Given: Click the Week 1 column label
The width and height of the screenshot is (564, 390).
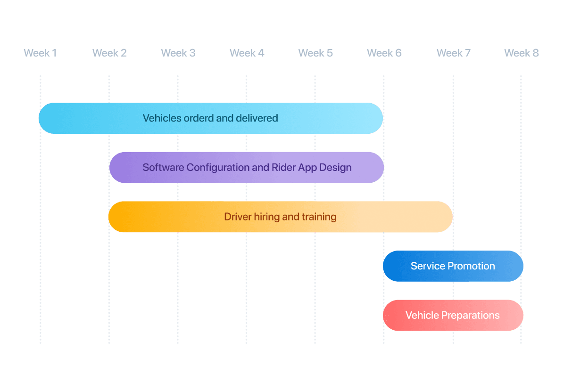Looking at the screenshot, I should [x=40, y=53].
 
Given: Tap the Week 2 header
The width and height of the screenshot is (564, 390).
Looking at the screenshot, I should [x=109, y=53].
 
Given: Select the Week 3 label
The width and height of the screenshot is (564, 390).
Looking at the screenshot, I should [x=178, y=53].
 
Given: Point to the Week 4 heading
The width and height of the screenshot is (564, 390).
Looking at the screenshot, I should [x=247, y=53].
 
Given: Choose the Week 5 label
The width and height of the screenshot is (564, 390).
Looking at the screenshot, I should [x=315, y=53].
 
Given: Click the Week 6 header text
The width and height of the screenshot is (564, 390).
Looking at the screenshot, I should [x=384, y=53].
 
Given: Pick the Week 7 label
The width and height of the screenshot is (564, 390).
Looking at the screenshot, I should [x=453, y=53].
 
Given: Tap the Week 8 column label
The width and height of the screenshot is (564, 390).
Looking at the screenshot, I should [x=521, y=53].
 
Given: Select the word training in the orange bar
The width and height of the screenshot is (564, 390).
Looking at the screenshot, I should [x=319, y=217].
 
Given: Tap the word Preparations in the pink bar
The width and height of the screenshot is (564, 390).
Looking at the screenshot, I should [x=470, y=316].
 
